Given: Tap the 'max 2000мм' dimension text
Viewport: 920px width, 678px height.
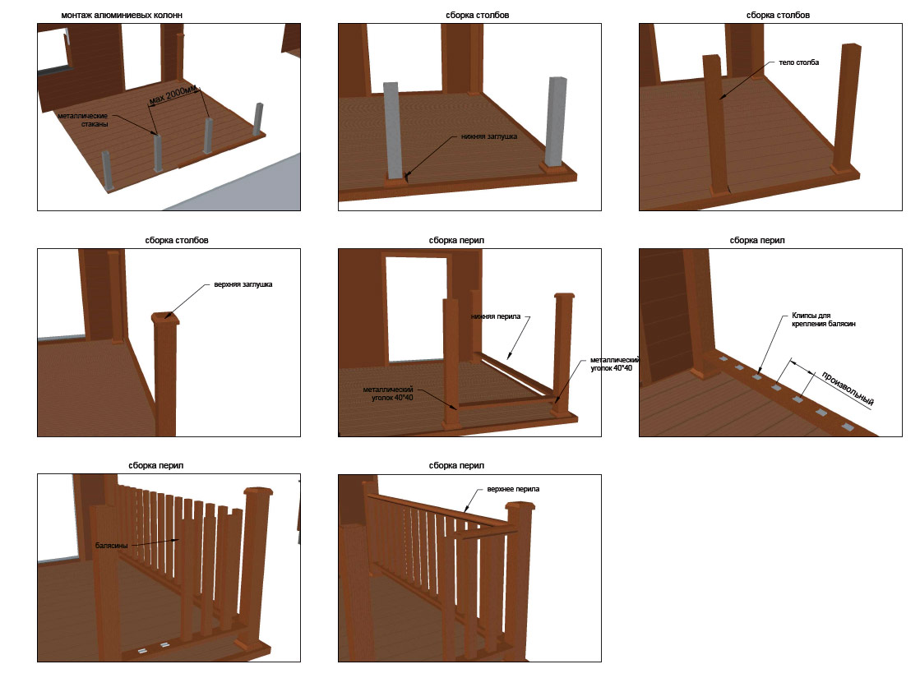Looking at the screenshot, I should click(177, 96).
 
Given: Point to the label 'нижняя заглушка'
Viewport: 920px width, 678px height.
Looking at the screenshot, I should click(489, 136).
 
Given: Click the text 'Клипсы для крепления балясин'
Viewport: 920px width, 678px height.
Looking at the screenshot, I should click(823, 320).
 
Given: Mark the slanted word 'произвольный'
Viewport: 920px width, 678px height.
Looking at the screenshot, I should click(847, 389).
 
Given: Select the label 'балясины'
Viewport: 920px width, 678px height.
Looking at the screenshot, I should click(111, 544).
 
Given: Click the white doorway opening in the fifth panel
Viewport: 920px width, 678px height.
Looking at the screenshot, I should click(415, 308).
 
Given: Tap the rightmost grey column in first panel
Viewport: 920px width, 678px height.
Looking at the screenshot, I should click(258, 119).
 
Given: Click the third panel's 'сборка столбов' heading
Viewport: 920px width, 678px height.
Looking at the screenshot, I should click(778, 16).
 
